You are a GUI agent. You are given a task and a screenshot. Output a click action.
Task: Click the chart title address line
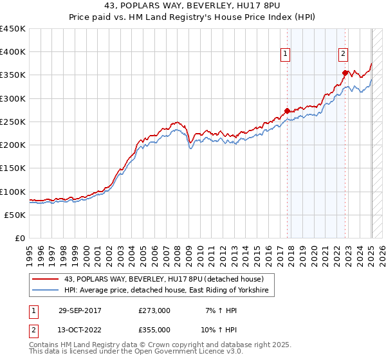pyautogui.click(x=192, y=6)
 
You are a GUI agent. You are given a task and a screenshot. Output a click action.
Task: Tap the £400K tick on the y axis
pyautogui.click(x=13, y=52)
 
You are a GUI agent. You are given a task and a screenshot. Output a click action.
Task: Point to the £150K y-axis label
pyautogui.click(x=13, y=168)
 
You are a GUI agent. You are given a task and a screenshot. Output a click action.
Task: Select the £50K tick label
pyautogui.click(x=15, y=215)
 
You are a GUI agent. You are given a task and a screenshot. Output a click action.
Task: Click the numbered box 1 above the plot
pyautogui.click(x=285, y=54)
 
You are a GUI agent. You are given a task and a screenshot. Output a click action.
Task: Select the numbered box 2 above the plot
pyautogui.click(x=344, y=54)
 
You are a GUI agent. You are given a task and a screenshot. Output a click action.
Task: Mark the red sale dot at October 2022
pyautogui.click(x=345, y=73)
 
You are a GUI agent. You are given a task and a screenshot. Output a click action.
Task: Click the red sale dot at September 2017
pyautogui.click(x=288, y=111)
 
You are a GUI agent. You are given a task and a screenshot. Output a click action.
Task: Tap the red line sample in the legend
pyautogui.click(x=46, y=279)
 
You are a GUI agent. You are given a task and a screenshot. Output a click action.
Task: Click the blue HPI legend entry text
pyautogui.click(x=169, y=291)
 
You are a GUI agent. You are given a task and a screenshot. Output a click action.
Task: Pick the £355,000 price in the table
pyautogui.click(x=154, y=330)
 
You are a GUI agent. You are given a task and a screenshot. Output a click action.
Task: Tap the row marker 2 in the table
pyautogui.click(x=33, y=330)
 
